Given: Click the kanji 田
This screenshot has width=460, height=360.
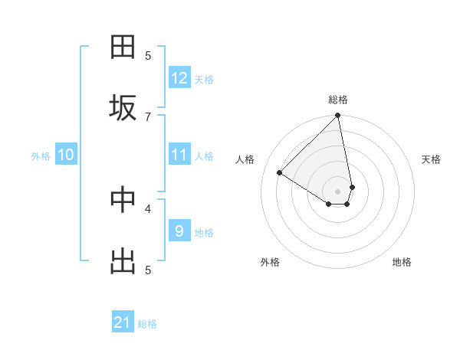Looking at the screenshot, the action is pos(123,47).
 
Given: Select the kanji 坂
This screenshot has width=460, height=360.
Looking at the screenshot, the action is pos(123,108).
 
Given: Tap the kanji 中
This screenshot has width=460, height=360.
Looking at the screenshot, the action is pos(123,200).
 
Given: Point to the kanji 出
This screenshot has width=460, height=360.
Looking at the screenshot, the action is pos(123,261).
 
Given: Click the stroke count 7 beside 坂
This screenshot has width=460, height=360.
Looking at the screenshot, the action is pos(148,116).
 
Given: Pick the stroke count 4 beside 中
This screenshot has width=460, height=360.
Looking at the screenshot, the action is pos(148,208).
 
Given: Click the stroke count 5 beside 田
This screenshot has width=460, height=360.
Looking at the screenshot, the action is pos(148,55).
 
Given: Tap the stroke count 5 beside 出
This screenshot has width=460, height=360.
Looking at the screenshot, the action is pos(148,270).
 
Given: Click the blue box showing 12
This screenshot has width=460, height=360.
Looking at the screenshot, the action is pos(179,78).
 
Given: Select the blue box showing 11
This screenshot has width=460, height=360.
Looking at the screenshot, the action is pos(179,155).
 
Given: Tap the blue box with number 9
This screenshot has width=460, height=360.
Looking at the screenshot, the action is pos(179,231).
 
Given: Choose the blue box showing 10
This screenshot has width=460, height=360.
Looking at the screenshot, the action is pos(66,155).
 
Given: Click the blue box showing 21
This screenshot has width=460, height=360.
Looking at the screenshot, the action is pos(123,323).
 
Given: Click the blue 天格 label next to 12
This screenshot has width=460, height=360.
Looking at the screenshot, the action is pos(204,80).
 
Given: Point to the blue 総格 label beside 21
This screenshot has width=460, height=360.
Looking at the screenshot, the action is pos(147,325).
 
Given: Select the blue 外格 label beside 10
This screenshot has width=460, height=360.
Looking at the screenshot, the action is pos(41,156).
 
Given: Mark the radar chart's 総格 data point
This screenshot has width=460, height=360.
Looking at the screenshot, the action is pos(337,116).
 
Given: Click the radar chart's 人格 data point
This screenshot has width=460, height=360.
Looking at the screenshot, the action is pos(280,173).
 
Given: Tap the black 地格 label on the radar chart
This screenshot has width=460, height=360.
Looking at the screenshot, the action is pos(402,262).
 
